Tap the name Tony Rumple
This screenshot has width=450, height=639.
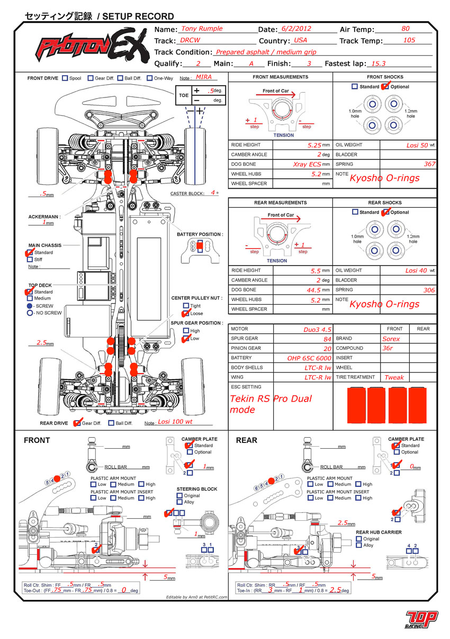point(202,29)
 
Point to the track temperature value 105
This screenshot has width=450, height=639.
point(409,40)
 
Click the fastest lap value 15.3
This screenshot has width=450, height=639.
point(379,63)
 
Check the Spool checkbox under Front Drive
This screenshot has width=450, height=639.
point(65,78)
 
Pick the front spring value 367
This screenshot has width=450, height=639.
point(429,164)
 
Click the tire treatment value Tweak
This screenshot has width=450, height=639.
point(394,377)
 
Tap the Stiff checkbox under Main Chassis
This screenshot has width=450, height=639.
point(30,260)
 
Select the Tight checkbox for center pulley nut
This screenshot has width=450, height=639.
point(186,306)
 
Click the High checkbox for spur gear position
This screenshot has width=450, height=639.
point(186,331)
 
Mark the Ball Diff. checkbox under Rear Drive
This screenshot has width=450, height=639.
point(111,423)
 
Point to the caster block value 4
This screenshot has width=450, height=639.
point(212,193)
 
